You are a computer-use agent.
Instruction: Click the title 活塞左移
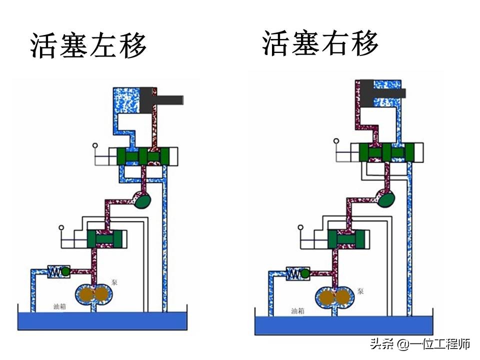(x=88, y=46)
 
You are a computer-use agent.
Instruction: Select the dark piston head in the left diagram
(x=148, y=101)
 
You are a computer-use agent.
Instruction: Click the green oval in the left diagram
(x=143, y=200)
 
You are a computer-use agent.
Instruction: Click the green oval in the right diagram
(x=386, y=199)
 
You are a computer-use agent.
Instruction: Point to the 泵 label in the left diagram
(x=114, y=282)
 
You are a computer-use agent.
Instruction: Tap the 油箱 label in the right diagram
(x=298, y=310)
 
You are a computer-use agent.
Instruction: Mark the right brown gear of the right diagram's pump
(x=342, y=297)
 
